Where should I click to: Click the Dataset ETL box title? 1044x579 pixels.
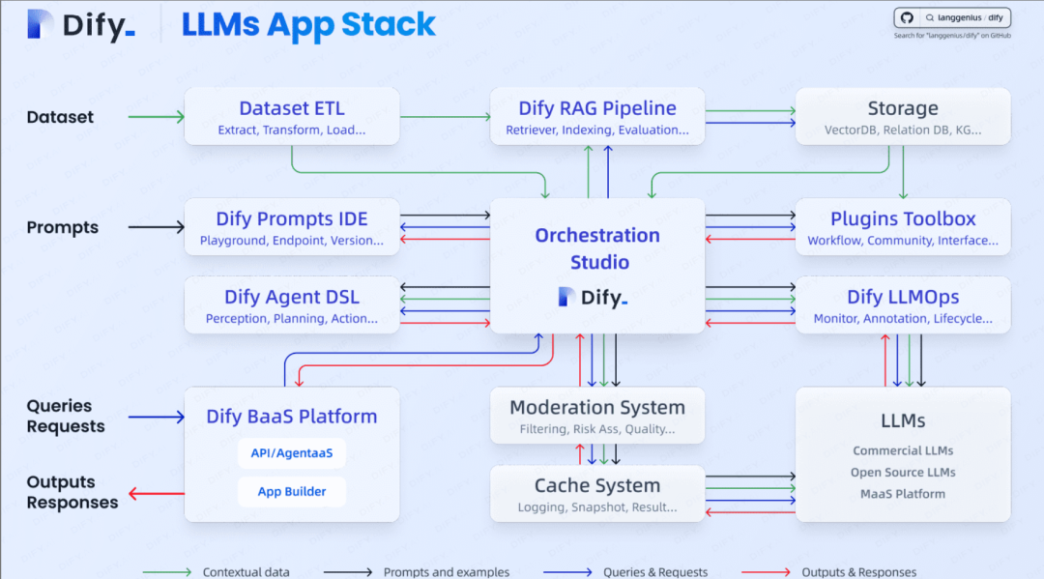click(x=292, y=108)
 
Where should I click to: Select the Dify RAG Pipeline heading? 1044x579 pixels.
click(x=597, y=108)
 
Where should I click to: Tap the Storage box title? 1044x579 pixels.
click(x=903, y=108)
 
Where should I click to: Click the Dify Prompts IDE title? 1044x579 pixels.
click(x=292, y=218)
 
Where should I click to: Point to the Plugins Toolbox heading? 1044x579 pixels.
click(x=903, y=218)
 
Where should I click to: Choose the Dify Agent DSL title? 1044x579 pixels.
click(x=292, y=297)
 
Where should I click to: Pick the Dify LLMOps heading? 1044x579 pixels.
click(x=903, y=297)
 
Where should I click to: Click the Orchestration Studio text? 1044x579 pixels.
click(x=597, y=248)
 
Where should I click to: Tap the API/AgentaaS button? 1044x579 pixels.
click(x=292, y=452)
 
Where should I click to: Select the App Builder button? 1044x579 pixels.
click(x=292, y=491)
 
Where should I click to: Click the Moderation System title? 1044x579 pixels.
click(x=597, y=407)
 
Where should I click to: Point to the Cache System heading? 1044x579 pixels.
click(x=597, y=485)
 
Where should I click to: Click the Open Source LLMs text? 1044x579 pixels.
click(x=903, y=472)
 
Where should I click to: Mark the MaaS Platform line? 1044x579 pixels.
click(x=903, y=494)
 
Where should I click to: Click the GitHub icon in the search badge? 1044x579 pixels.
click(x=907, y=17)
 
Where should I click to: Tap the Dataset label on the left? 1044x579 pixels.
click(x=60, y=117)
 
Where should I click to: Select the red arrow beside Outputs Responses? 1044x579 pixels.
click(x=157, y=495)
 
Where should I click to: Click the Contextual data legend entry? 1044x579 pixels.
click(x=246, y=572)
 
